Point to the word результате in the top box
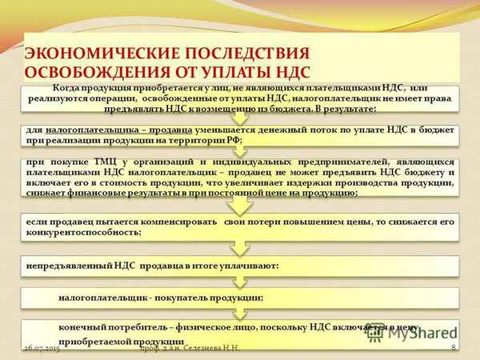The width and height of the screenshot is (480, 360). click(344, 107)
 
